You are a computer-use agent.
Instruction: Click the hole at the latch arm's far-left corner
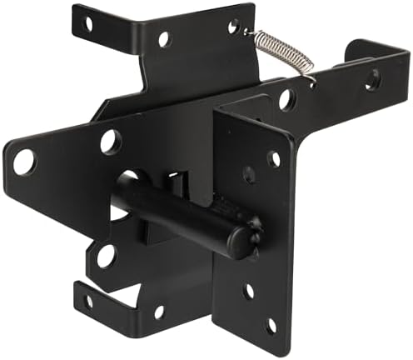24,161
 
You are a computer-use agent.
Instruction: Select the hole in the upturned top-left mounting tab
87,23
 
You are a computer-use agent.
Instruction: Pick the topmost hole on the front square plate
274,158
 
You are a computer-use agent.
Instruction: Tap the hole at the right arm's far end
372,79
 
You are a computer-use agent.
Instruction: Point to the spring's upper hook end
250,31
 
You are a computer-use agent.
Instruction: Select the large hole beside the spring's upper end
234,27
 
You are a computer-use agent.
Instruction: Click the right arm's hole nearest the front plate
286,100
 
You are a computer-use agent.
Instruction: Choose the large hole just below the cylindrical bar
106,257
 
